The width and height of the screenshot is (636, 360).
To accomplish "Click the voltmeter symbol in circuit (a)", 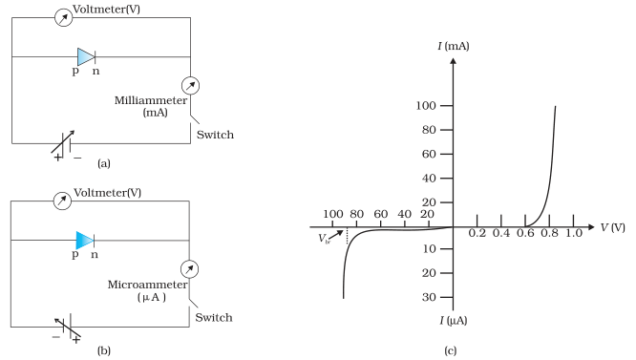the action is (63, 17).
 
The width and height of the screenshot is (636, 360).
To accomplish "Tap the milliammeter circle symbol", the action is (190, 86).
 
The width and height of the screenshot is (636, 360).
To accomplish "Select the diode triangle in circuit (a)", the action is (86, 56).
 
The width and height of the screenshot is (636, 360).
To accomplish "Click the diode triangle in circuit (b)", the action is (85, 241).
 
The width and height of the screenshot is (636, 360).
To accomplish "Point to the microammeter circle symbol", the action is (189, 269).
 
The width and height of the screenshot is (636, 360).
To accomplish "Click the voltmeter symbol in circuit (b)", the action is (62, 201).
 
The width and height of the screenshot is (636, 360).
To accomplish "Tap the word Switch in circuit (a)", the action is (215, 135).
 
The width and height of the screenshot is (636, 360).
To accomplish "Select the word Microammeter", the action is (148, 285).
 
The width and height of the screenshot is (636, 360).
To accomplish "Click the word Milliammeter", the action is (151, 100).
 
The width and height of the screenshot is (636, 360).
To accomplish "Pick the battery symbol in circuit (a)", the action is (66, 144).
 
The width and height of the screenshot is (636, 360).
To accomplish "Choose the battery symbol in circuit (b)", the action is (68, 328).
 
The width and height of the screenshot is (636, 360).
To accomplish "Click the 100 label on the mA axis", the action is (426, 106).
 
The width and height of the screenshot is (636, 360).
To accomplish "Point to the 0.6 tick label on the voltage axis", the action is (525, 233).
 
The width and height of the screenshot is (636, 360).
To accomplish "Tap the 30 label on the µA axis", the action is (429, 297).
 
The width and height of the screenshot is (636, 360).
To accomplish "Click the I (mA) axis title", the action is (454, 46).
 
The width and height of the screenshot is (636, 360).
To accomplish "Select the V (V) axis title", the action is (612, 227).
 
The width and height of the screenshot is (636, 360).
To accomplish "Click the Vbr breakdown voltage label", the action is (324, 239).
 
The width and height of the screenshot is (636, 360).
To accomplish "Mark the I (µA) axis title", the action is (454, 321).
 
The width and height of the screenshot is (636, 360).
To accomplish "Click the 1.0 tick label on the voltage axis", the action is (574, 233).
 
